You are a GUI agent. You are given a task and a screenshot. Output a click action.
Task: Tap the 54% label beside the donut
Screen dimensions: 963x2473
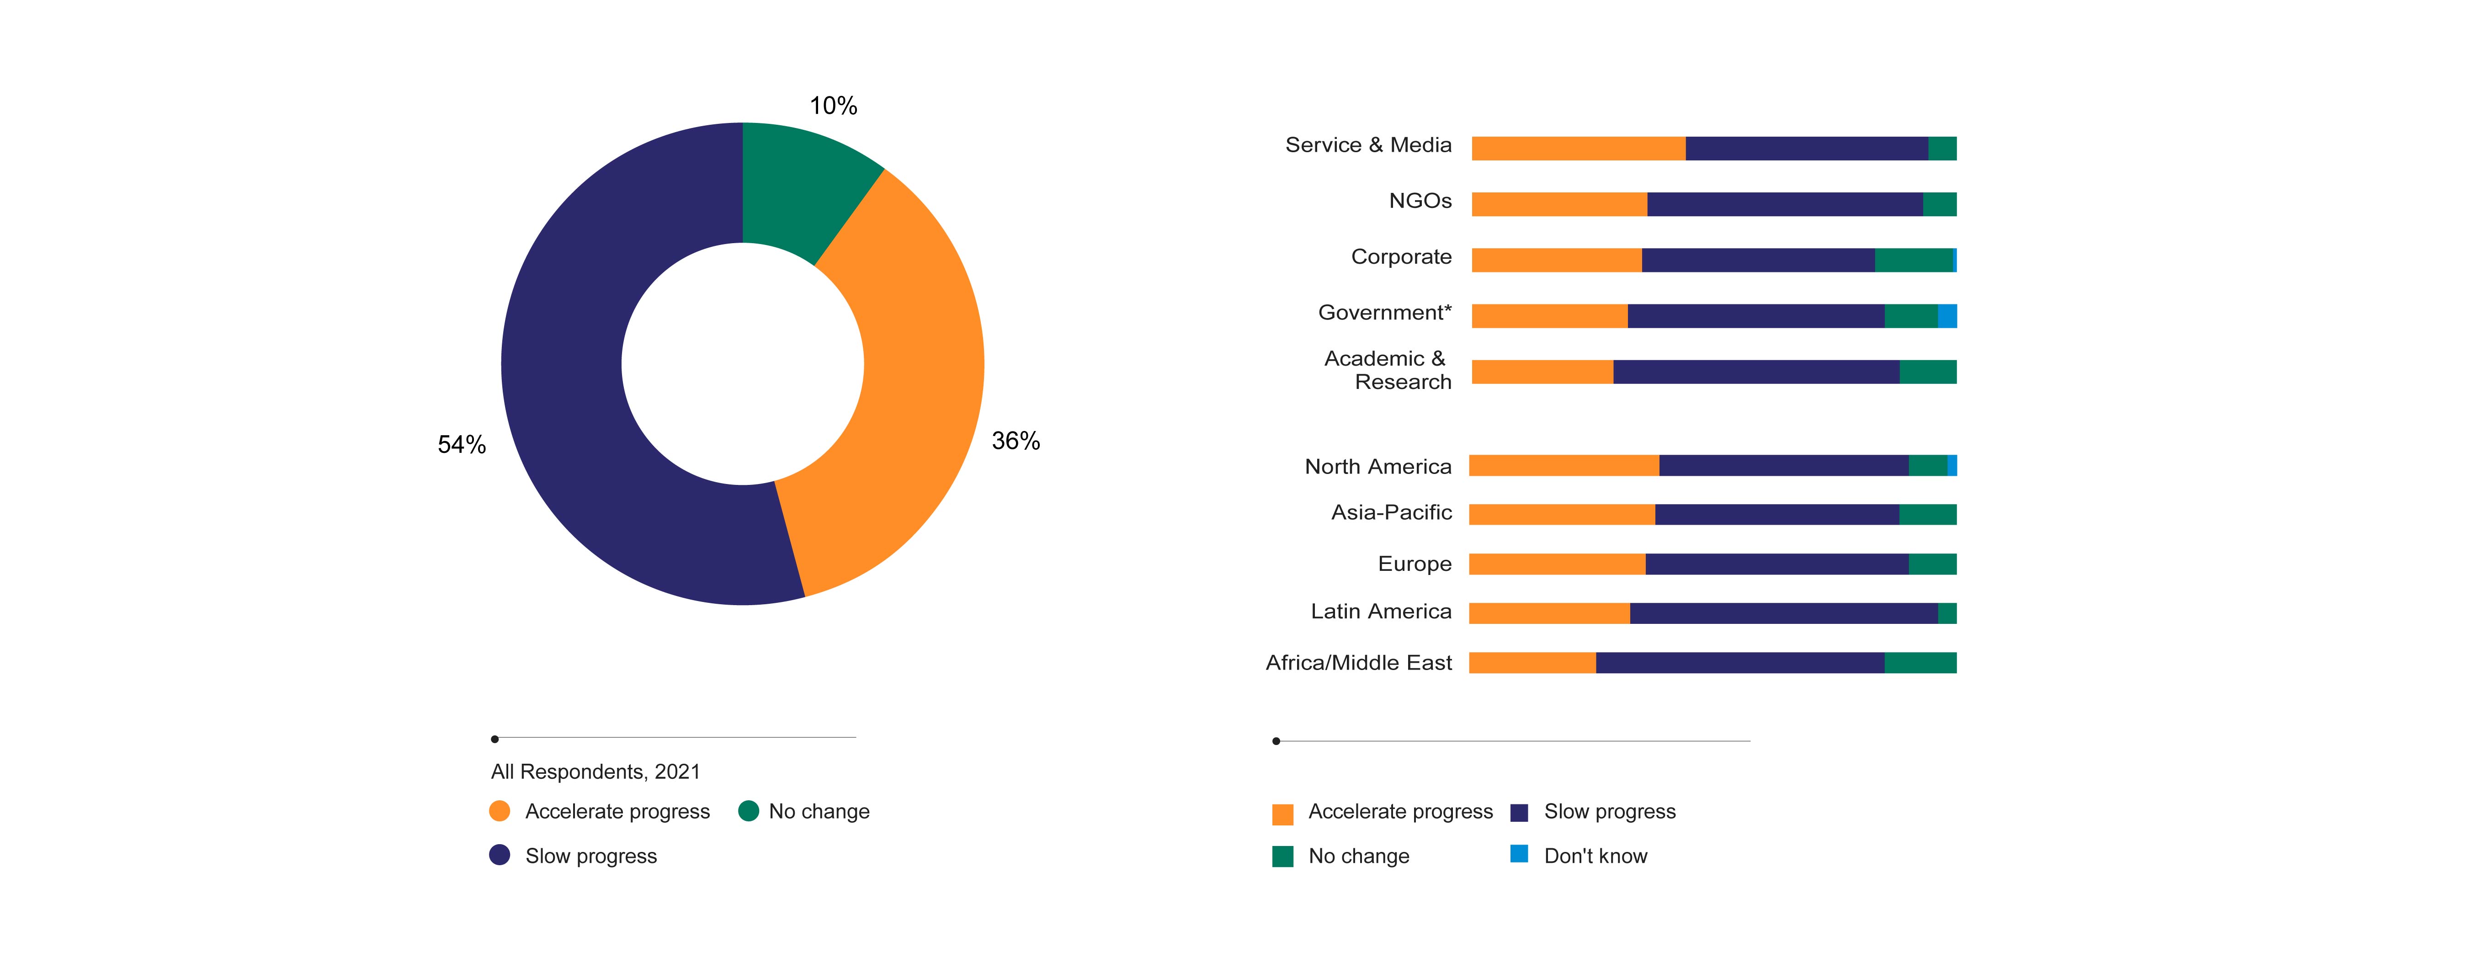click(x=462, y=445)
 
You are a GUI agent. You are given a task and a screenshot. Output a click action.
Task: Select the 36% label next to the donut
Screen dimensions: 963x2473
click(x=1016, y=441)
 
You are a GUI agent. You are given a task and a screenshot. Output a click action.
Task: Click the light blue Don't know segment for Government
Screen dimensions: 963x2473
click(x=1947, y=316)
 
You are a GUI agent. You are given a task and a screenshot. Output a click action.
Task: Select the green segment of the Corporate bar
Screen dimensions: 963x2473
click(x=1913, y=260)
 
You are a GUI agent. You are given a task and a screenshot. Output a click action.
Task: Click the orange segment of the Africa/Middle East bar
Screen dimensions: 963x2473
click(x=1532, y=662)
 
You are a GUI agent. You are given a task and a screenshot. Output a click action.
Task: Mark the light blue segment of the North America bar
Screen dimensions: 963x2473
click(x=1952, y=466)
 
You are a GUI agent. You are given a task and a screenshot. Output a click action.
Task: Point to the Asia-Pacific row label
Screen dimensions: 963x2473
click(x=1391, y=513)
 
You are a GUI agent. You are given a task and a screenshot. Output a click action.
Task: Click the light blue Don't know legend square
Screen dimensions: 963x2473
click(x=1519, y=854)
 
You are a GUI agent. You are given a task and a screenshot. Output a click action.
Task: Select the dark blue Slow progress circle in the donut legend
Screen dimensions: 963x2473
click(x=499, y=855)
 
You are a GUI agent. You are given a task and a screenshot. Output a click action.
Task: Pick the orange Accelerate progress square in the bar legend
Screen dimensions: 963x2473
click(x=1282, y=814)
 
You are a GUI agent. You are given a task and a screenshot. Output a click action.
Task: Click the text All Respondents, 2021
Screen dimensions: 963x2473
click(x=595, y=772)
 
